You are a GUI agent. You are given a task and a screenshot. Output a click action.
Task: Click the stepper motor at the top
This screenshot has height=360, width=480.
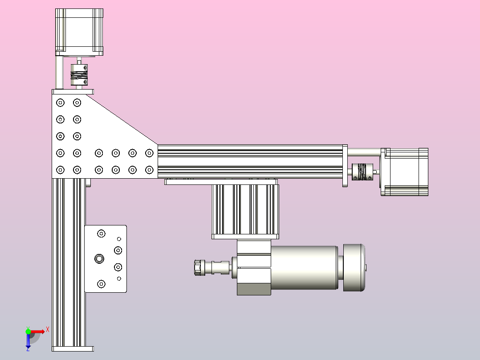coord(79,32)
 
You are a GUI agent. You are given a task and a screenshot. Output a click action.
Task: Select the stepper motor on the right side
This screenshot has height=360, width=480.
coord(404,172)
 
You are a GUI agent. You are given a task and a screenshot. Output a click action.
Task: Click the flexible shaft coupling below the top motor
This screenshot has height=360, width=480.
coord(79,75)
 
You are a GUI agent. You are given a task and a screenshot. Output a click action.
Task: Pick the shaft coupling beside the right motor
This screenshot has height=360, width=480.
coord(362,172)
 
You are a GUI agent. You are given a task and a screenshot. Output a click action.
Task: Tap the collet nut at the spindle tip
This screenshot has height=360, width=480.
coord(199,268)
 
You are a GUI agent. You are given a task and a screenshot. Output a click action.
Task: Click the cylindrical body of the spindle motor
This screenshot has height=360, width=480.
coord(304,267)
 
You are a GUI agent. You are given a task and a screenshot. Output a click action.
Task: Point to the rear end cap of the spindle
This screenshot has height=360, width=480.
coord(354,267)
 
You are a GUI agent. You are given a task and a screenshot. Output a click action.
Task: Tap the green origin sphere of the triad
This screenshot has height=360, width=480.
coord(28,331)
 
